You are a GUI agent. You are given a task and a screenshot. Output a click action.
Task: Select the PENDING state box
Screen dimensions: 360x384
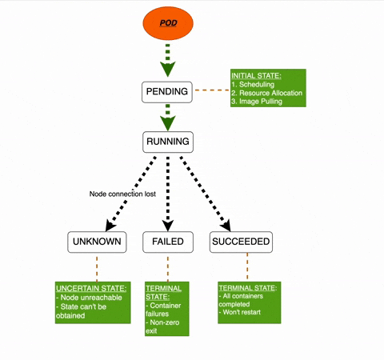pyautogui.click(x=167, y=92)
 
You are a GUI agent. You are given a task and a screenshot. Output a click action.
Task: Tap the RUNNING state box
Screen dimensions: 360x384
pyautogui.click(x=167, y=142)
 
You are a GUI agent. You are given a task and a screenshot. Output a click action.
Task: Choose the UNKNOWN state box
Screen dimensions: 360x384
pyautogui.click(x=96, y=242)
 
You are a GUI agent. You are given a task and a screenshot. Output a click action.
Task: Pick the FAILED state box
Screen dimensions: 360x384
pyautogui.click(x=167, y=242)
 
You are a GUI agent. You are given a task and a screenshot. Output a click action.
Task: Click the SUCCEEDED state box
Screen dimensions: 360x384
pyautogui.click(x=241, y=242)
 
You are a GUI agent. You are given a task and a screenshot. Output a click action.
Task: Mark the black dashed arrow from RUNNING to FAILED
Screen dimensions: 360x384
pyautogui.click(x=167, y=192)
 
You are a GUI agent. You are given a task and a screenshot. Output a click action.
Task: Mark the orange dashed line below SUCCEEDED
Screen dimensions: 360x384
pyautogui.click(x=246, y=265)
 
